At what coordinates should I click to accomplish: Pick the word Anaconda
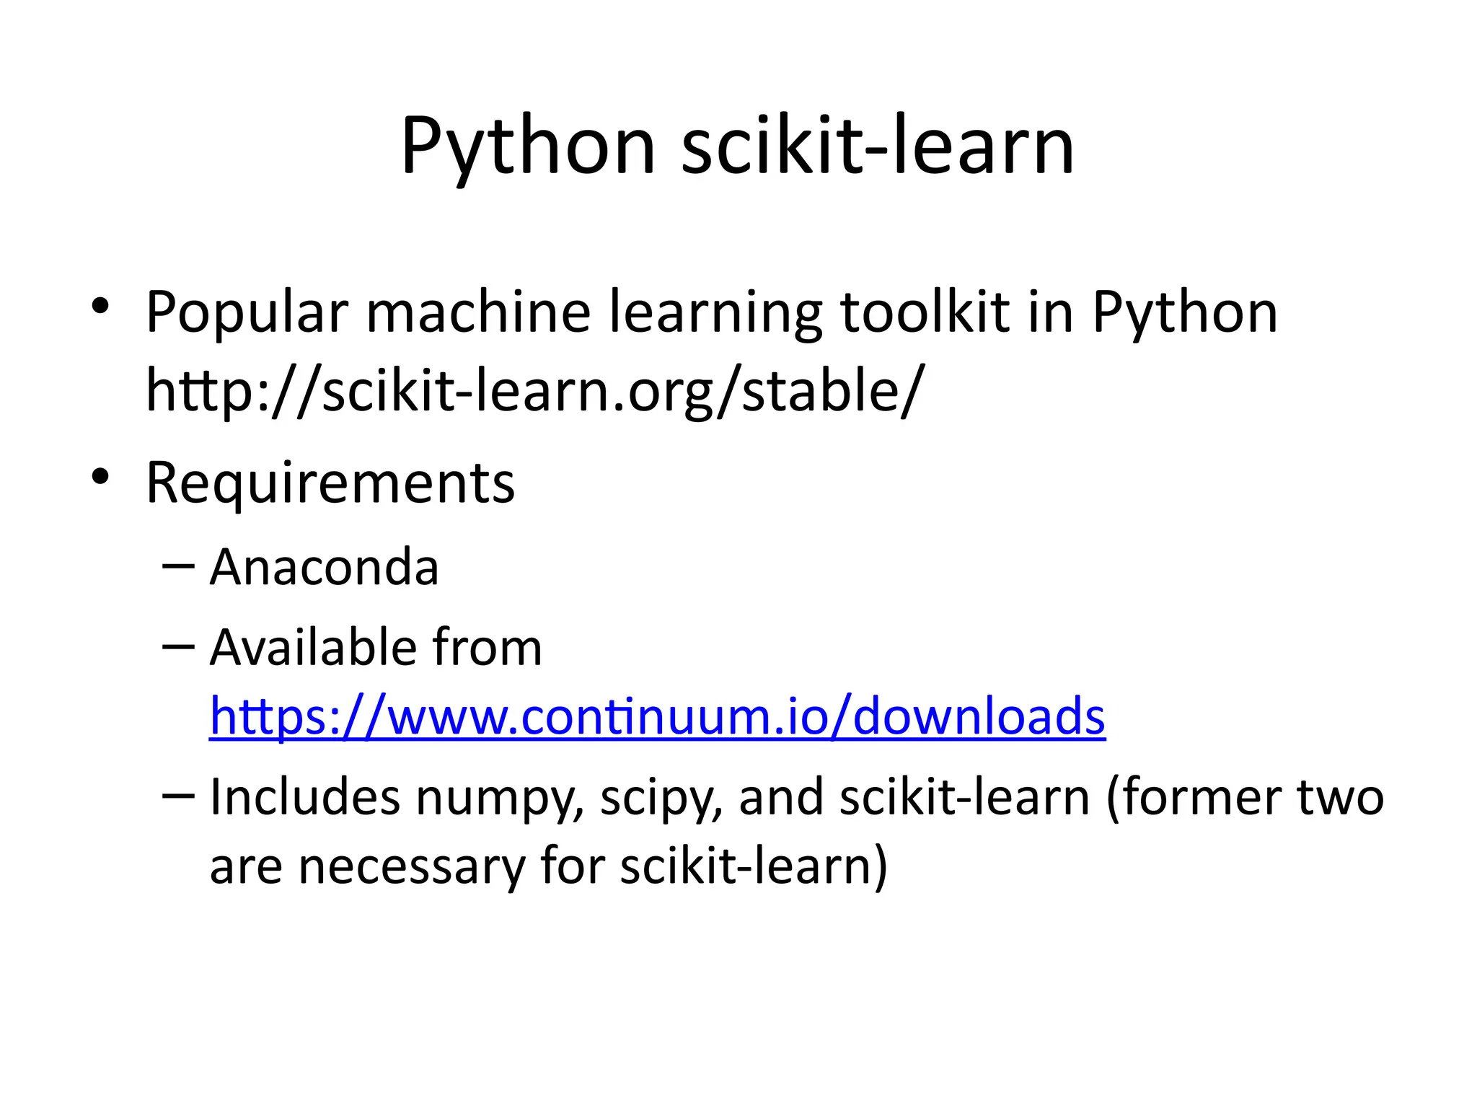[x=324, y=568]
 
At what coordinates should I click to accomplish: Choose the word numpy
[x=498, y=799]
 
